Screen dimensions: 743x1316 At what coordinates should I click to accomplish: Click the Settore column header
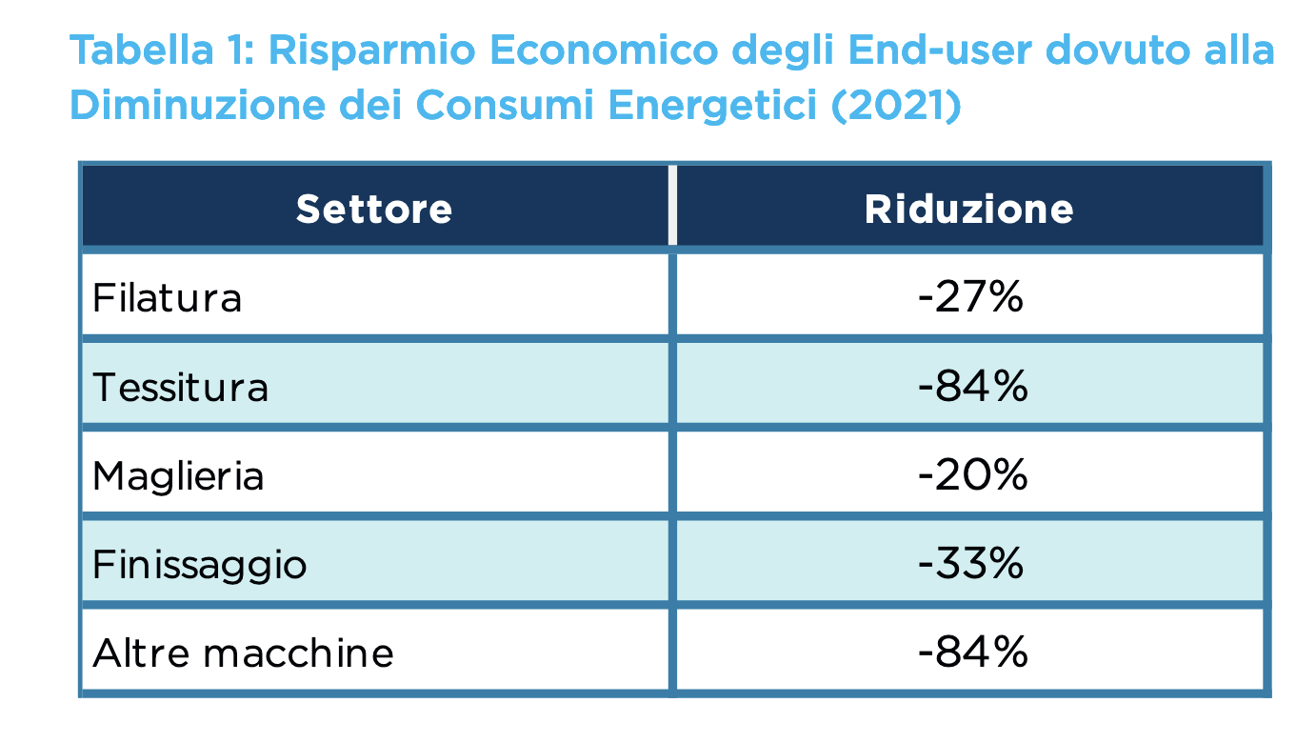373,209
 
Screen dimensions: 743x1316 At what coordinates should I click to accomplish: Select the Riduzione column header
968,209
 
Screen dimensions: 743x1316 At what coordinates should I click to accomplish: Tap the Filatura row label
168,298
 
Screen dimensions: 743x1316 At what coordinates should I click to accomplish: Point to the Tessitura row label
181,388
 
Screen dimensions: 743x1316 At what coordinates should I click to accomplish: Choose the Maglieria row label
178,475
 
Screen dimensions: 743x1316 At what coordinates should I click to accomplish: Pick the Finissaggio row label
200,565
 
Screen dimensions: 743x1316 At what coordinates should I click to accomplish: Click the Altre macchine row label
243,653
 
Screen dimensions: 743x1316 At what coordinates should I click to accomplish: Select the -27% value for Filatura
970,298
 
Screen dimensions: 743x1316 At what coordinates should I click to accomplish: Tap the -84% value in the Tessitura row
972,388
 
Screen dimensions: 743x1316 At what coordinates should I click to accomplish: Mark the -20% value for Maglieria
972,475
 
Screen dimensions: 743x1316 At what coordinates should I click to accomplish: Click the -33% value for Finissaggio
970,565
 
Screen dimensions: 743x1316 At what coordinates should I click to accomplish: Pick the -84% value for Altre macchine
972,653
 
